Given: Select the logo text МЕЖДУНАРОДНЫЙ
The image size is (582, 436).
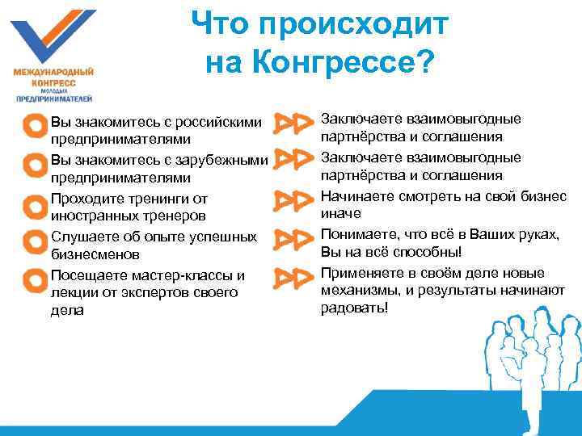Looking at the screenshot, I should point(53,72).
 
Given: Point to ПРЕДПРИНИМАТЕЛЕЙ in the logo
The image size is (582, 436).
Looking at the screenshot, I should point(53,99).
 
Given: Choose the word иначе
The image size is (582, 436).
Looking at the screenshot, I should point(340,214).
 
